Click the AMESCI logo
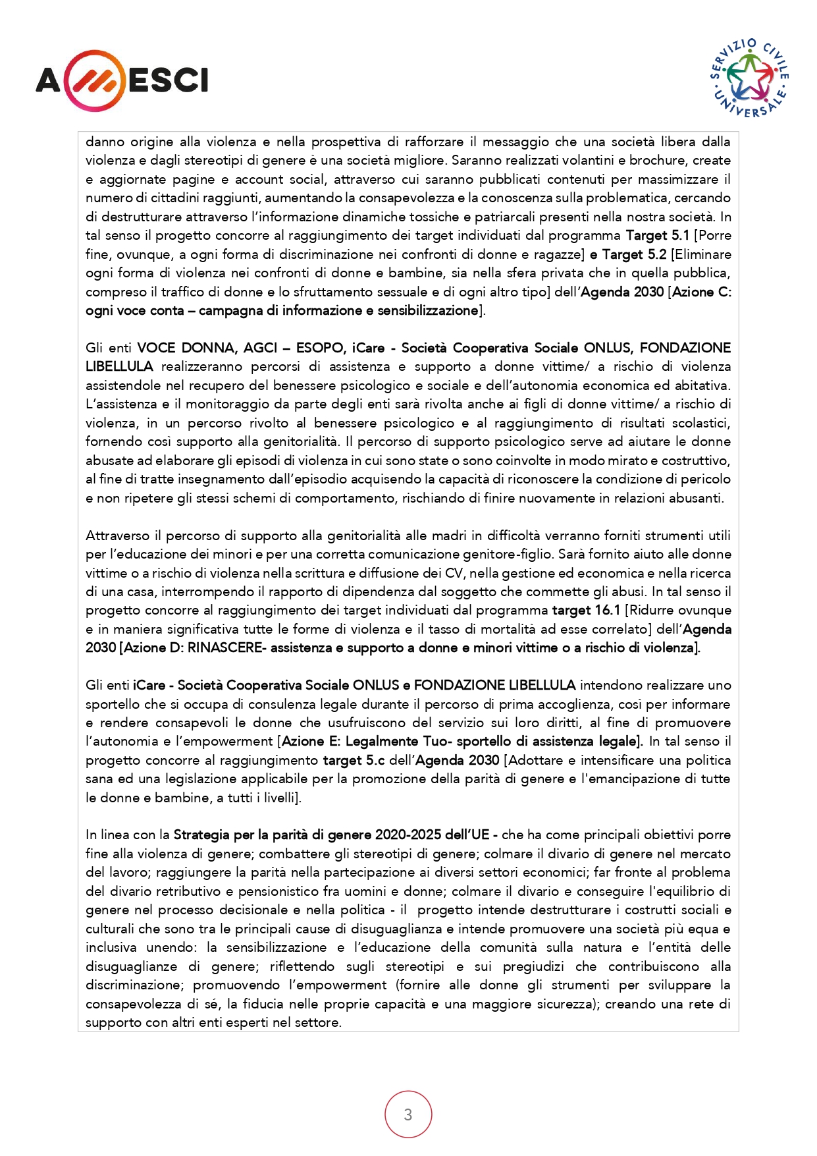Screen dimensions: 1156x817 click(x=122, y=80)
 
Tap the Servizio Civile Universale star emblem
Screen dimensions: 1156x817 click(x=750, y=78)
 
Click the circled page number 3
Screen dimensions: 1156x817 click(x=408, y=1114)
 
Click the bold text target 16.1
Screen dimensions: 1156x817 click(x=586, y=610)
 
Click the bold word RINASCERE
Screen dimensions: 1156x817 click(x=224, y=647)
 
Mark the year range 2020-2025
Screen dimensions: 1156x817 click(x=408, y=835)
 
